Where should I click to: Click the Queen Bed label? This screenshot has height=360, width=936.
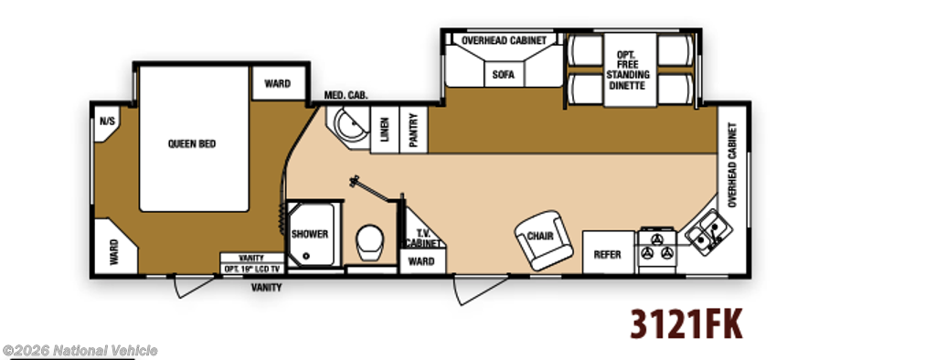click(192, 143)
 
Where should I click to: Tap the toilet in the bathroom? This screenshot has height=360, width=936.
click(370, 243)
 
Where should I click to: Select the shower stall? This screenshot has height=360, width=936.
click(311, 234)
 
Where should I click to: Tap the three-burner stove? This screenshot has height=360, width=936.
click(656, 250)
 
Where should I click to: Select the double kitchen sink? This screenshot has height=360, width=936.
click(708, 233)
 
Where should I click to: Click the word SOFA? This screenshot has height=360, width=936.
click(504, 75)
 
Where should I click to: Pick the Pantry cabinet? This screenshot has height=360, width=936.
click(413, 130)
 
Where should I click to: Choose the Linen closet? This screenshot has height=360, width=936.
click(385, 130)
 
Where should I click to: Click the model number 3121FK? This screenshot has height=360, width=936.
click(686, 324)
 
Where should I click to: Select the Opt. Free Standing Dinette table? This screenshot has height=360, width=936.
click(629, 69)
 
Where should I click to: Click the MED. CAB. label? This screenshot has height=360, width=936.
click(346, 95)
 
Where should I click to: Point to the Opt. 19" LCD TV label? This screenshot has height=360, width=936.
click(251, 269)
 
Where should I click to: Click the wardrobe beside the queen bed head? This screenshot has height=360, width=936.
click(278, 83)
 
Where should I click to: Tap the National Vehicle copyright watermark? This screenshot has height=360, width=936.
click(80, 351)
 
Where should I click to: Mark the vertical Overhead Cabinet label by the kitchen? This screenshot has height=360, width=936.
click(732, 164)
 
